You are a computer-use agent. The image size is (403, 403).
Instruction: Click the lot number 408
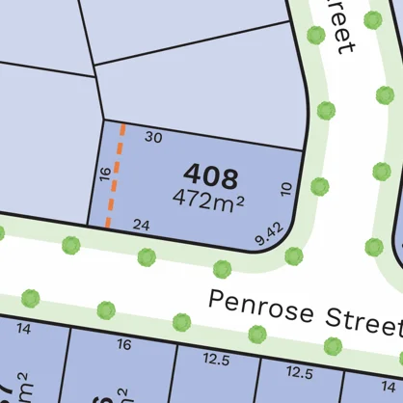[209, 176]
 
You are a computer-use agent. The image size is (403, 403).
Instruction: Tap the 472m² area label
[207, 201]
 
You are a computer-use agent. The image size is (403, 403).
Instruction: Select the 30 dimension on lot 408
[153, 137]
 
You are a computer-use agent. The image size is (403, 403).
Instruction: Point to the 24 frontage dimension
[142, 226]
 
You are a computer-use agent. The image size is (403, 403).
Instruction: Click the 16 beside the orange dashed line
[105, 174]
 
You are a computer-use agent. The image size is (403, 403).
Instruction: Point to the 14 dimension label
[24, 330]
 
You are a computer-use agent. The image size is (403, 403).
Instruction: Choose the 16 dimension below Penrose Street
[123, 344]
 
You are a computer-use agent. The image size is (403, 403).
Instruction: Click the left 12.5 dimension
[216, 360]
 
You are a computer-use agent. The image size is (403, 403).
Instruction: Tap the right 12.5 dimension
[300, 370]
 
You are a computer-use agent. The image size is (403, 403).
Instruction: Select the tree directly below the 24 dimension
[147, 257]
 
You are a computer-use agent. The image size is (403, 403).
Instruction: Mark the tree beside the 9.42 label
[293, 256]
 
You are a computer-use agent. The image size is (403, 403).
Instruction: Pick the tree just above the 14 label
[30, 297]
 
